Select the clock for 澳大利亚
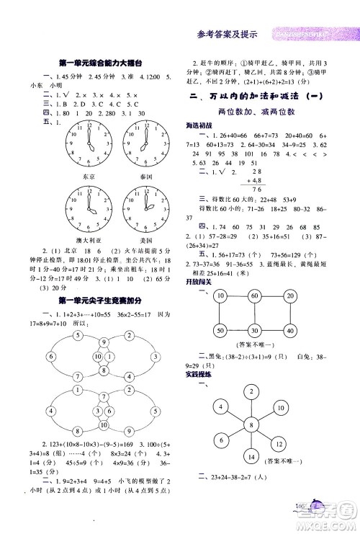point(89,208)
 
